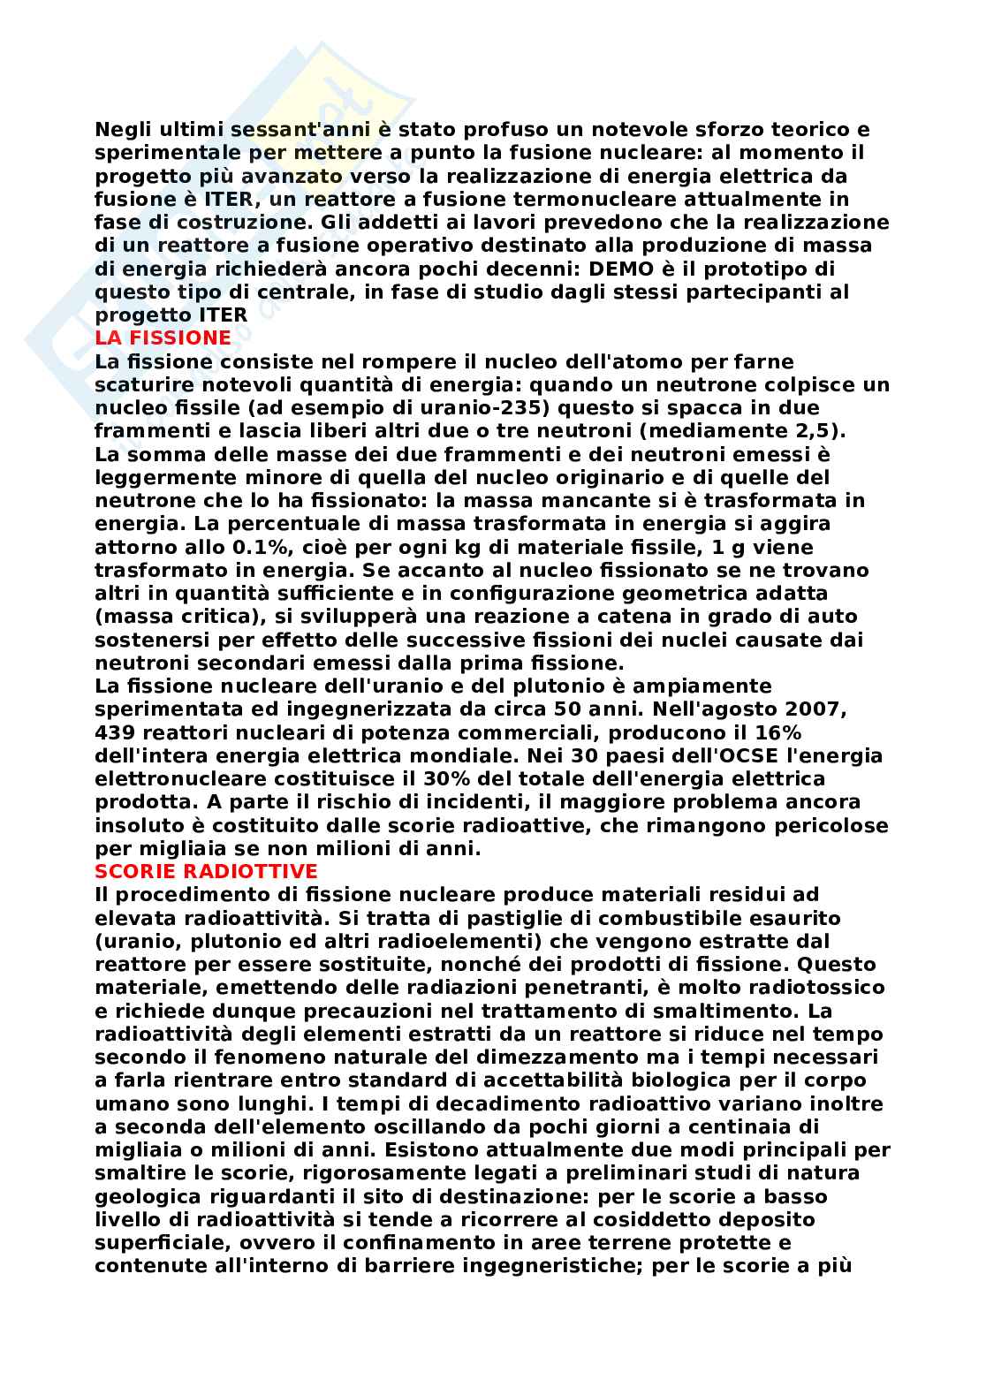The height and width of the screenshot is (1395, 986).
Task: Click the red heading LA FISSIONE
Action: pyautogui.click(x=163, y=337)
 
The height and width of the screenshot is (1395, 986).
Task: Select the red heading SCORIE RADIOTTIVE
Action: pyautogui.click(x=206, y=870)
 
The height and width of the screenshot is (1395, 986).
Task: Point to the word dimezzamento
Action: pyautogui.click(x=512, y=1057)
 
